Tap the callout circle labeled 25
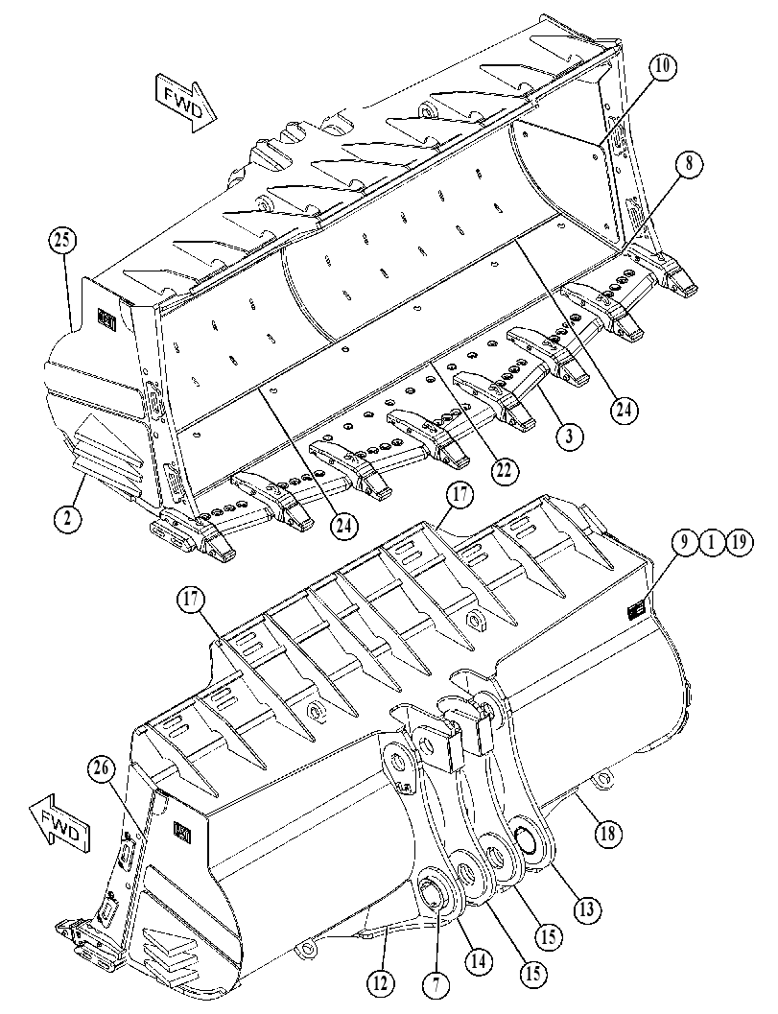click(61, 242)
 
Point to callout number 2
click(69, 517)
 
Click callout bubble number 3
click(569, 436)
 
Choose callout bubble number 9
click(684, 542)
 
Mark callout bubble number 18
click(607, 833)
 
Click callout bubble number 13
click(586, 909)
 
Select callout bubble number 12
click(380, 983)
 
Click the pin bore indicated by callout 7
click(434, 892)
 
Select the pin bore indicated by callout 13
click(528, 840)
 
